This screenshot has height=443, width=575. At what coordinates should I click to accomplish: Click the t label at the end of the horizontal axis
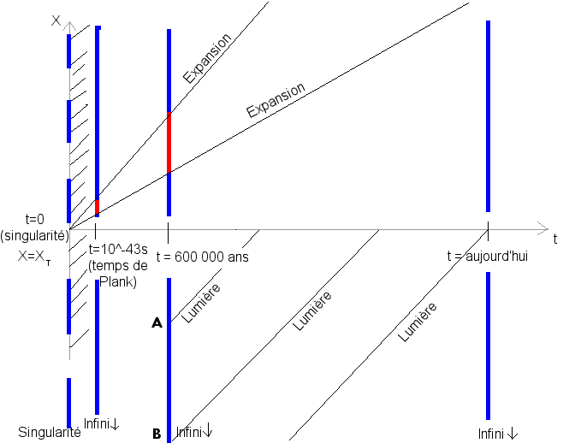pyautogui.click(x=554, y=239)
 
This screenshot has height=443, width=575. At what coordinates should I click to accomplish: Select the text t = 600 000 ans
pyautogui.click(x=207, y=257)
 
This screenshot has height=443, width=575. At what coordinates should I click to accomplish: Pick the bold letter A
pyautogui.click(x=157, y=323)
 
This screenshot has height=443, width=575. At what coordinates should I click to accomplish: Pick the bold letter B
pyautogui.click(x=157, y=434)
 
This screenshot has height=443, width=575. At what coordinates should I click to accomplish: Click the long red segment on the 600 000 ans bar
pyautogui.click(x=169, y=142)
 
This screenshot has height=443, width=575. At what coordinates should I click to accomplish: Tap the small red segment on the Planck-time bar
pyautogui.click(x=98, y=206)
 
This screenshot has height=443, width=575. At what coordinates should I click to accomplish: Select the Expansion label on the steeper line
pyautogui.click(x=208, y=59)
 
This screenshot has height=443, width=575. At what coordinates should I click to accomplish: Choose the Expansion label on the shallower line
pyautogui.click(x=276, y=100)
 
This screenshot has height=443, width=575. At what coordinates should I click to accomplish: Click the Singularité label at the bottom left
pyautogui.click(x=50, y=433)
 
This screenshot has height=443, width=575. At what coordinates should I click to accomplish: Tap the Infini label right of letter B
pyautogui.click(x=194, y=432)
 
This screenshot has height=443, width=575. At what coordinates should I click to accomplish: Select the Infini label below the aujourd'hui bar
pyautogui.click(x=498, y=433)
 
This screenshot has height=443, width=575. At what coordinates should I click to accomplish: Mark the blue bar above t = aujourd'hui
pyautogui.click(x=488, y=115)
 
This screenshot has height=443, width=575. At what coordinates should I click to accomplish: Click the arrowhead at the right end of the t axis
pyautogui.click(x=542, y=228)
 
